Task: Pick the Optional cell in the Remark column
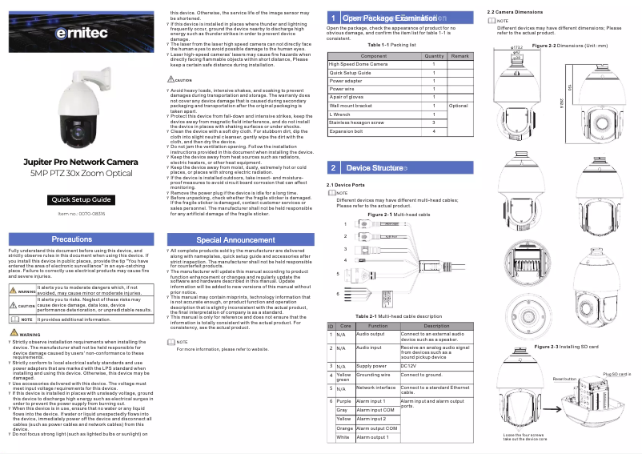[459, 106]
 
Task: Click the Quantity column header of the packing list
[434, 56]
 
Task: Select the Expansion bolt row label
[346, 131]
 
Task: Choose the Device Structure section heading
[374, 168]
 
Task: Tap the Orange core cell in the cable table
[343, 428]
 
